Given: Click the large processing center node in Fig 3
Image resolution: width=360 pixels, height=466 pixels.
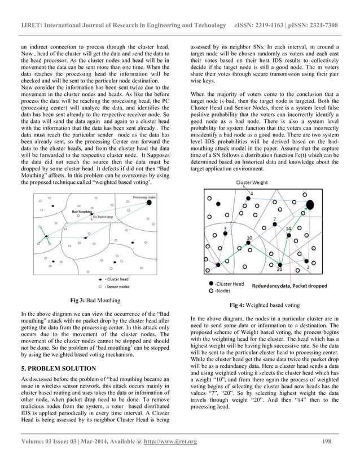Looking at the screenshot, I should pyautogui.click(x=150, y=203).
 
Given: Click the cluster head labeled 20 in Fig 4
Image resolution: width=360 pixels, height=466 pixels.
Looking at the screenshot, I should pyautogui.click(x=280, y=263).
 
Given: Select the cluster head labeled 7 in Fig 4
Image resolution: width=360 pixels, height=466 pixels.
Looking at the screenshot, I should pyautogui.click(x=274, y=225).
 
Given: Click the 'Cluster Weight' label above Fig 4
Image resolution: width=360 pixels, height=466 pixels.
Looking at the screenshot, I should pyautogui.click(x=252, y=183).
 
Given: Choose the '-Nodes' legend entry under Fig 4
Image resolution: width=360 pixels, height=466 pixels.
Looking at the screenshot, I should pyautogui.click(x=222, y=291).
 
